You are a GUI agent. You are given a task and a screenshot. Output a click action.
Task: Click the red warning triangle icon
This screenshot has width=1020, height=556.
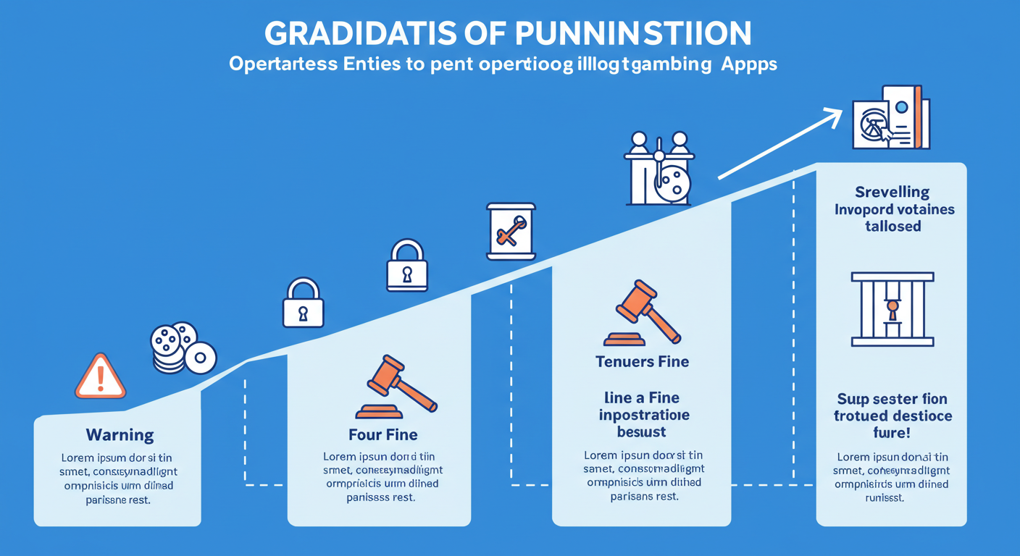click(101, 376)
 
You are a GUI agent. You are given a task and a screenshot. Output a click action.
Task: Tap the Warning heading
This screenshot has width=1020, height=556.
click(120, 435)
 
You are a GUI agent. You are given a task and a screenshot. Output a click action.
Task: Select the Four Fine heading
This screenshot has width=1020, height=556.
click(382, 435)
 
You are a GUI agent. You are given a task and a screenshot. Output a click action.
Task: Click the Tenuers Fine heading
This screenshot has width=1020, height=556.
click(643, 361)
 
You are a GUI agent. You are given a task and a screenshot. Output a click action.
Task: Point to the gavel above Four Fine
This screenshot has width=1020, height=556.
click(396, 387)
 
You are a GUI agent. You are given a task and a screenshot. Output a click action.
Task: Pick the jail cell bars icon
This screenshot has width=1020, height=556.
click(892, 309)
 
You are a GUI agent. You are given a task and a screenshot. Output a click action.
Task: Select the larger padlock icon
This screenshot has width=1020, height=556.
click(407, 266)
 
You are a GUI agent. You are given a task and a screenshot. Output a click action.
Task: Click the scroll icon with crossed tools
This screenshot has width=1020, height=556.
click(511, 230)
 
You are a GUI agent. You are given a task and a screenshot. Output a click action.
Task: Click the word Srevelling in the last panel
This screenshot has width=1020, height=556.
click(892, 193)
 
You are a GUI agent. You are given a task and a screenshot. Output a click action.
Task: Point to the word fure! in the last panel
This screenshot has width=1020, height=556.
click(892, 433)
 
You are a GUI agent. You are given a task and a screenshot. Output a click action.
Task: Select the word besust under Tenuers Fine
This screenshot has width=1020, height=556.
click(643, 432)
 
